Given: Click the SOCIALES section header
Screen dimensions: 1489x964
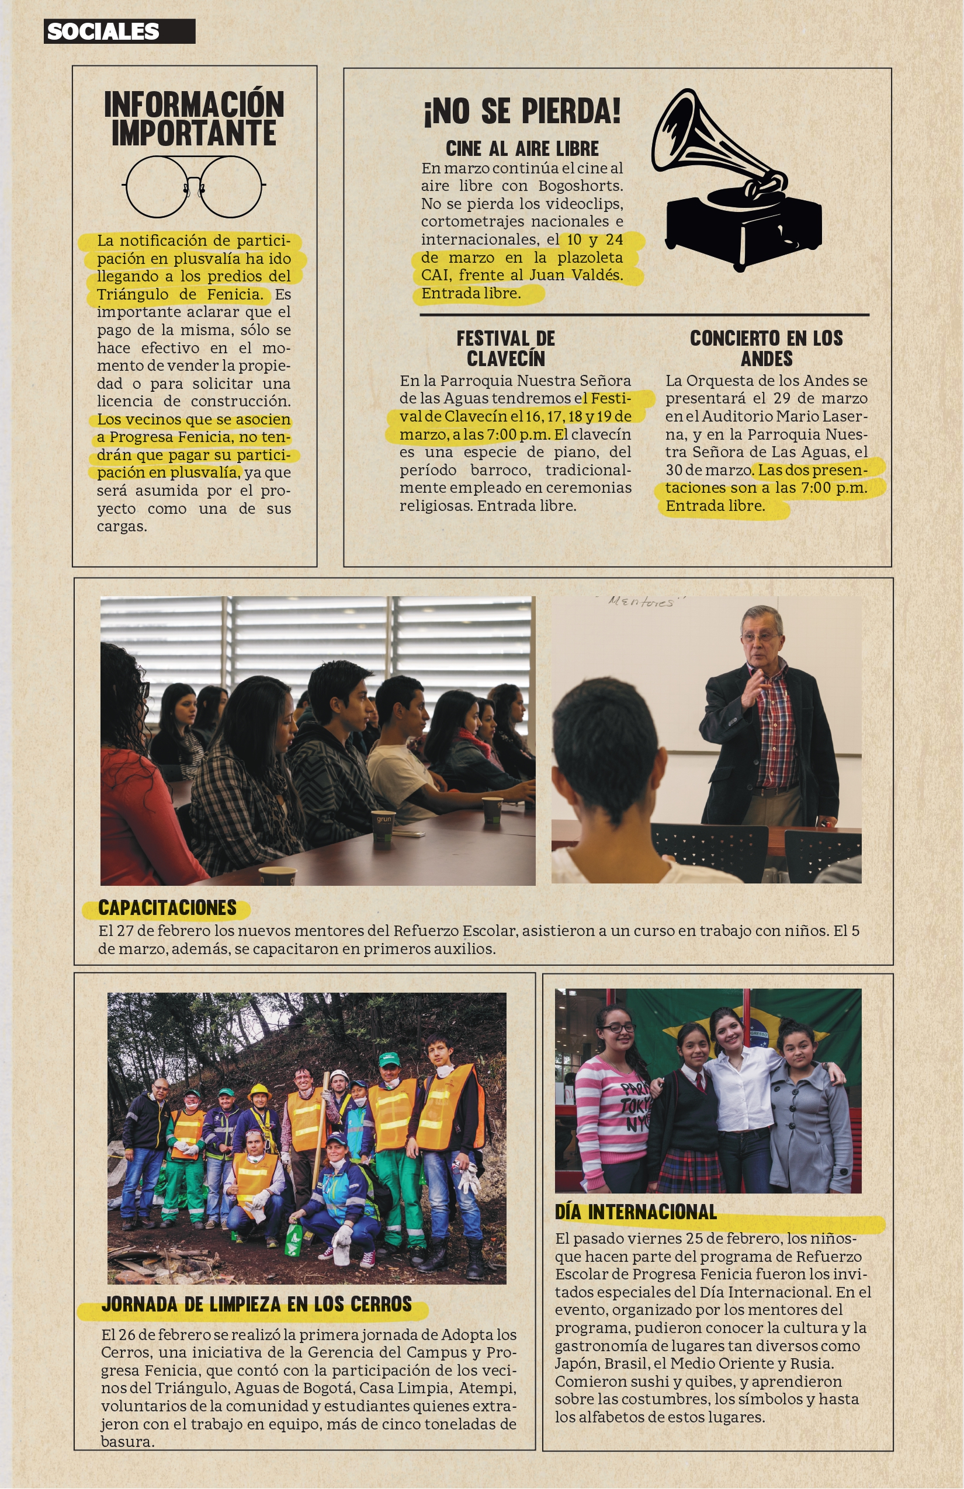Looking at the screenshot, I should coord(103,32).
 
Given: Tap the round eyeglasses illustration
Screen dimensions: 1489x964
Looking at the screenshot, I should coord(193,186).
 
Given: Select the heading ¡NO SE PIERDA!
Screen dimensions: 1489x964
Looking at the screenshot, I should coord(522,112).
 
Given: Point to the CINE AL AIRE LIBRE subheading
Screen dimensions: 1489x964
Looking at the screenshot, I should coord(522,149).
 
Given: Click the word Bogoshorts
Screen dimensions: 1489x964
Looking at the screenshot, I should coord(580,186).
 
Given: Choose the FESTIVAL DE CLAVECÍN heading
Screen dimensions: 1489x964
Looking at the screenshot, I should coord(506,349).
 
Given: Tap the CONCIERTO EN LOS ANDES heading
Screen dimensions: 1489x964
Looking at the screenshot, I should coord(766,349).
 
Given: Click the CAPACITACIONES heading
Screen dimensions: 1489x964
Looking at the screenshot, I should coord(167,908).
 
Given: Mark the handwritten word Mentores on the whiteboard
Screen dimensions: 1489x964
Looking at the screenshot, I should coord(640,602).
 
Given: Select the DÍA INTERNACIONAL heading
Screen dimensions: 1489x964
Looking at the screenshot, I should coord(636,1212).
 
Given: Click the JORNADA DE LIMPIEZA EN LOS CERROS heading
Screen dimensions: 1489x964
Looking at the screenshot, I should coord(256,1304).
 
